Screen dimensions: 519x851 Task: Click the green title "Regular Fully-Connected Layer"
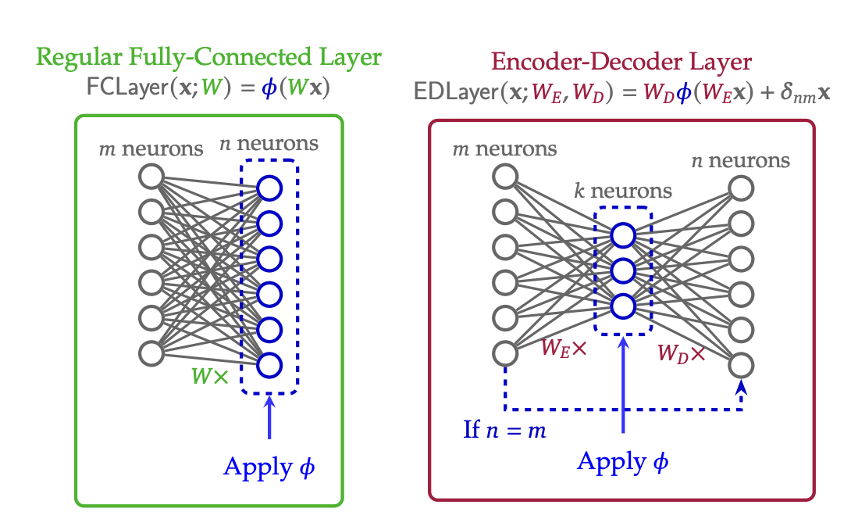(208, 57)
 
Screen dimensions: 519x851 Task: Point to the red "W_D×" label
(681, 353)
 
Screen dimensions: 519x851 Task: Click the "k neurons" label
(623, 190)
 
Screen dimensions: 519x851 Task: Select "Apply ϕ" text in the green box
(269, 467)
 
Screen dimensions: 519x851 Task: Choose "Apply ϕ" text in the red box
(623, 462)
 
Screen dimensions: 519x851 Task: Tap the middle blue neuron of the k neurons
(623, 270)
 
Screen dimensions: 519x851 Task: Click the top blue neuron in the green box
(269, 188)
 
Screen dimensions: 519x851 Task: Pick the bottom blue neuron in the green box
(269, 364)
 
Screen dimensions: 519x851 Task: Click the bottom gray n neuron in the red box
(741, 364)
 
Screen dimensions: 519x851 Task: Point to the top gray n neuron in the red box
(741, 188)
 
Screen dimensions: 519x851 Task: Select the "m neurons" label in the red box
(505, 149)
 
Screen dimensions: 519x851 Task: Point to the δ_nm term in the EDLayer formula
(796, 94)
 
